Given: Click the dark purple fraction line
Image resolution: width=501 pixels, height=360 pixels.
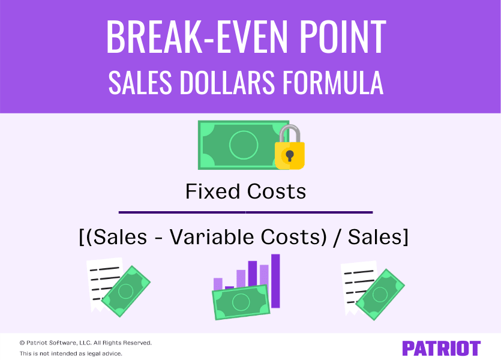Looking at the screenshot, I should click(246, 212).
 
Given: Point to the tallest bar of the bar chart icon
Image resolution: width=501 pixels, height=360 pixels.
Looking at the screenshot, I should click(275, 281).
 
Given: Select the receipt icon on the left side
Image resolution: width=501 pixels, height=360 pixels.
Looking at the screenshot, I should click(103, 282).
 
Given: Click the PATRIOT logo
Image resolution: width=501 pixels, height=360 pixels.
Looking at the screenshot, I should click(441, 349).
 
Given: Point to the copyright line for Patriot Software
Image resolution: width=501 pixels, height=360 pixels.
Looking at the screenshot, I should click(85, 343).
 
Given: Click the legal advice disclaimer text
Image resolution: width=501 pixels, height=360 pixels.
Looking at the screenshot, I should click(71, 353).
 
